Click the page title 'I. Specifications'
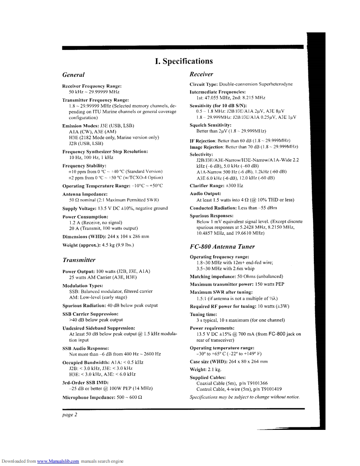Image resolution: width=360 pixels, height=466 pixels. tap(183, 61)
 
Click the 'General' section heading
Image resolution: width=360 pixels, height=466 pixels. tap(73, 75)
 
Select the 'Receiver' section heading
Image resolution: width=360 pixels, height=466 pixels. tap(201, 74)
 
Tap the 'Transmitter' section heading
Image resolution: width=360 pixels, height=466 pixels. tap(79, 260)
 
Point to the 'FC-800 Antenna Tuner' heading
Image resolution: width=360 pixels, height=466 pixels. tap(222, 246)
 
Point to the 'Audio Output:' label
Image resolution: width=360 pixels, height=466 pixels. tap(205, 194)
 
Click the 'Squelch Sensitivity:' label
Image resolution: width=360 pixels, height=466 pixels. tap(210, 125)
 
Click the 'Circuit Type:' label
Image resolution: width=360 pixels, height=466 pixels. tap(204, 84)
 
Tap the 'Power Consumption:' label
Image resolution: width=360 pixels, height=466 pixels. tap(85, 217)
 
